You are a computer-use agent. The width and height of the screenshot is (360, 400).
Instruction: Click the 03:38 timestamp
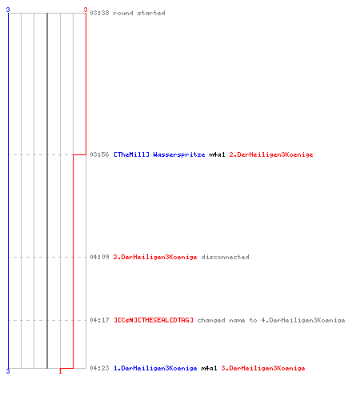[x=99, y=13]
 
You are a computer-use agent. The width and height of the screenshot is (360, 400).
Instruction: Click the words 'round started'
[x=139, y=13]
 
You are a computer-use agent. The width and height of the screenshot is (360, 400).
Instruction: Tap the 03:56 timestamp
[x=99, y=154]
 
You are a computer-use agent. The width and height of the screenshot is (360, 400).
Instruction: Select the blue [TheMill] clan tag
[x=131, y=154]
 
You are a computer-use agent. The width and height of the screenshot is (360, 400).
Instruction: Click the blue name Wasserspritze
[x=179, y=154]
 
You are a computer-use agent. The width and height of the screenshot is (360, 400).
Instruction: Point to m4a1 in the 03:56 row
[x=217, y=154]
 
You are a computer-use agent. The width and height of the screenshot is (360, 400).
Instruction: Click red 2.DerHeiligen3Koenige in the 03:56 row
[x=271, y=154]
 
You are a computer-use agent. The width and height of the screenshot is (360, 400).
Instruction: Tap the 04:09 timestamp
[x=99, y=257]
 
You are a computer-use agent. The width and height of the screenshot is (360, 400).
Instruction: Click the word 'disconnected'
[x=225, y=257]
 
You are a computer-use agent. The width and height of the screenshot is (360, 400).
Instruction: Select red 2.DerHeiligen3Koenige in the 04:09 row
[x=155, y=257]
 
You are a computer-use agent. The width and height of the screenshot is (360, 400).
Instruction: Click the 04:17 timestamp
[x=99, y=320]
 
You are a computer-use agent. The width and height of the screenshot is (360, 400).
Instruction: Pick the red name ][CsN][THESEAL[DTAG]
[x=154, y=320]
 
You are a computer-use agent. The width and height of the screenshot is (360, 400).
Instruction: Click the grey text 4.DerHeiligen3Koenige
[x=303, y=320]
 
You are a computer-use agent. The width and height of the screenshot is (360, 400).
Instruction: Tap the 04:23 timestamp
[x=99, y=368]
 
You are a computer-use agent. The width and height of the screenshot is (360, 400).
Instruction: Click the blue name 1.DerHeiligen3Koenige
[x=155, y=368]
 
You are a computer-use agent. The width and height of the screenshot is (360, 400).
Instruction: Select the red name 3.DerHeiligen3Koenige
[x=263, y=368]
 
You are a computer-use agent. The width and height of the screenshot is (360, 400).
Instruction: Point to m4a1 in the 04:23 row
[x=209, y=368]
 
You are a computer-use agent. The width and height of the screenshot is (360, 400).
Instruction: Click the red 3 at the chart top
[x=86, y=10]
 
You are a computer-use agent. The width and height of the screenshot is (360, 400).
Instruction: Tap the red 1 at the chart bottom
[x=60, y=371]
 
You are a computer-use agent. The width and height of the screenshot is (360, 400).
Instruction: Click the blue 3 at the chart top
[x=8, y=10]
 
